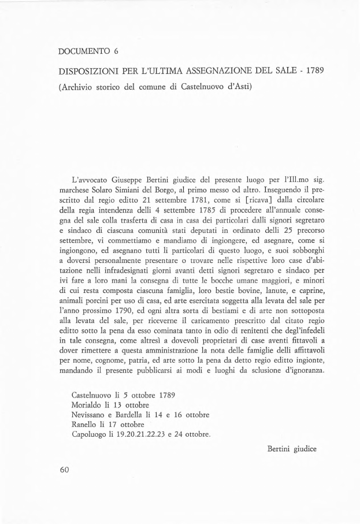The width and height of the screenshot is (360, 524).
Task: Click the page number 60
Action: (65, 470)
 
